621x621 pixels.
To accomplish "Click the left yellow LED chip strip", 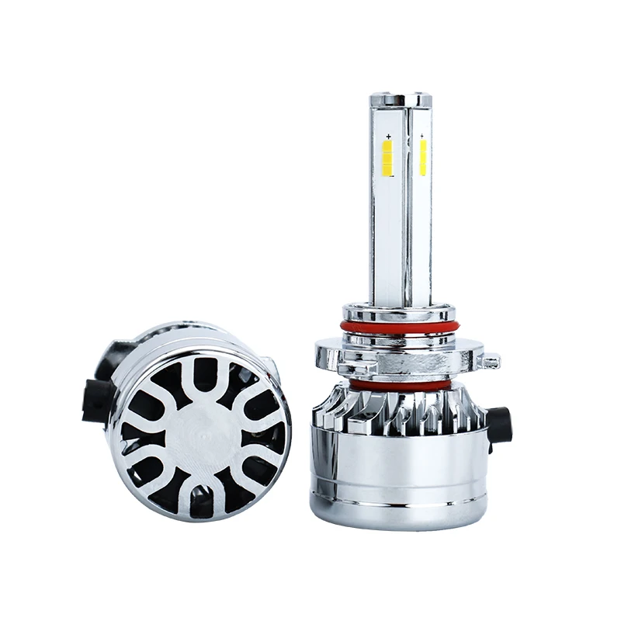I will coord(387,158).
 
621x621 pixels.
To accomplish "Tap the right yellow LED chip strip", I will coord(423,158).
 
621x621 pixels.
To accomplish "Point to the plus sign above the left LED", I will coord(387,138).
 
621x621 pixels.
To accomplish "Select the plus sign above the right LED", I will coord(422,137).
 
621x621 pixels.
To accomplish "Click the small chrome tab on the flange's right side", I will coord(489,362).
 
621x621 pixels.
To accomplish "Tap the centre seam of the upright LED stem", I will coord(406,233).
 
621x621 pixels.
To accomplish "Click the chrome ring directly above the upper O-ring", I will coord(398,314).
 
